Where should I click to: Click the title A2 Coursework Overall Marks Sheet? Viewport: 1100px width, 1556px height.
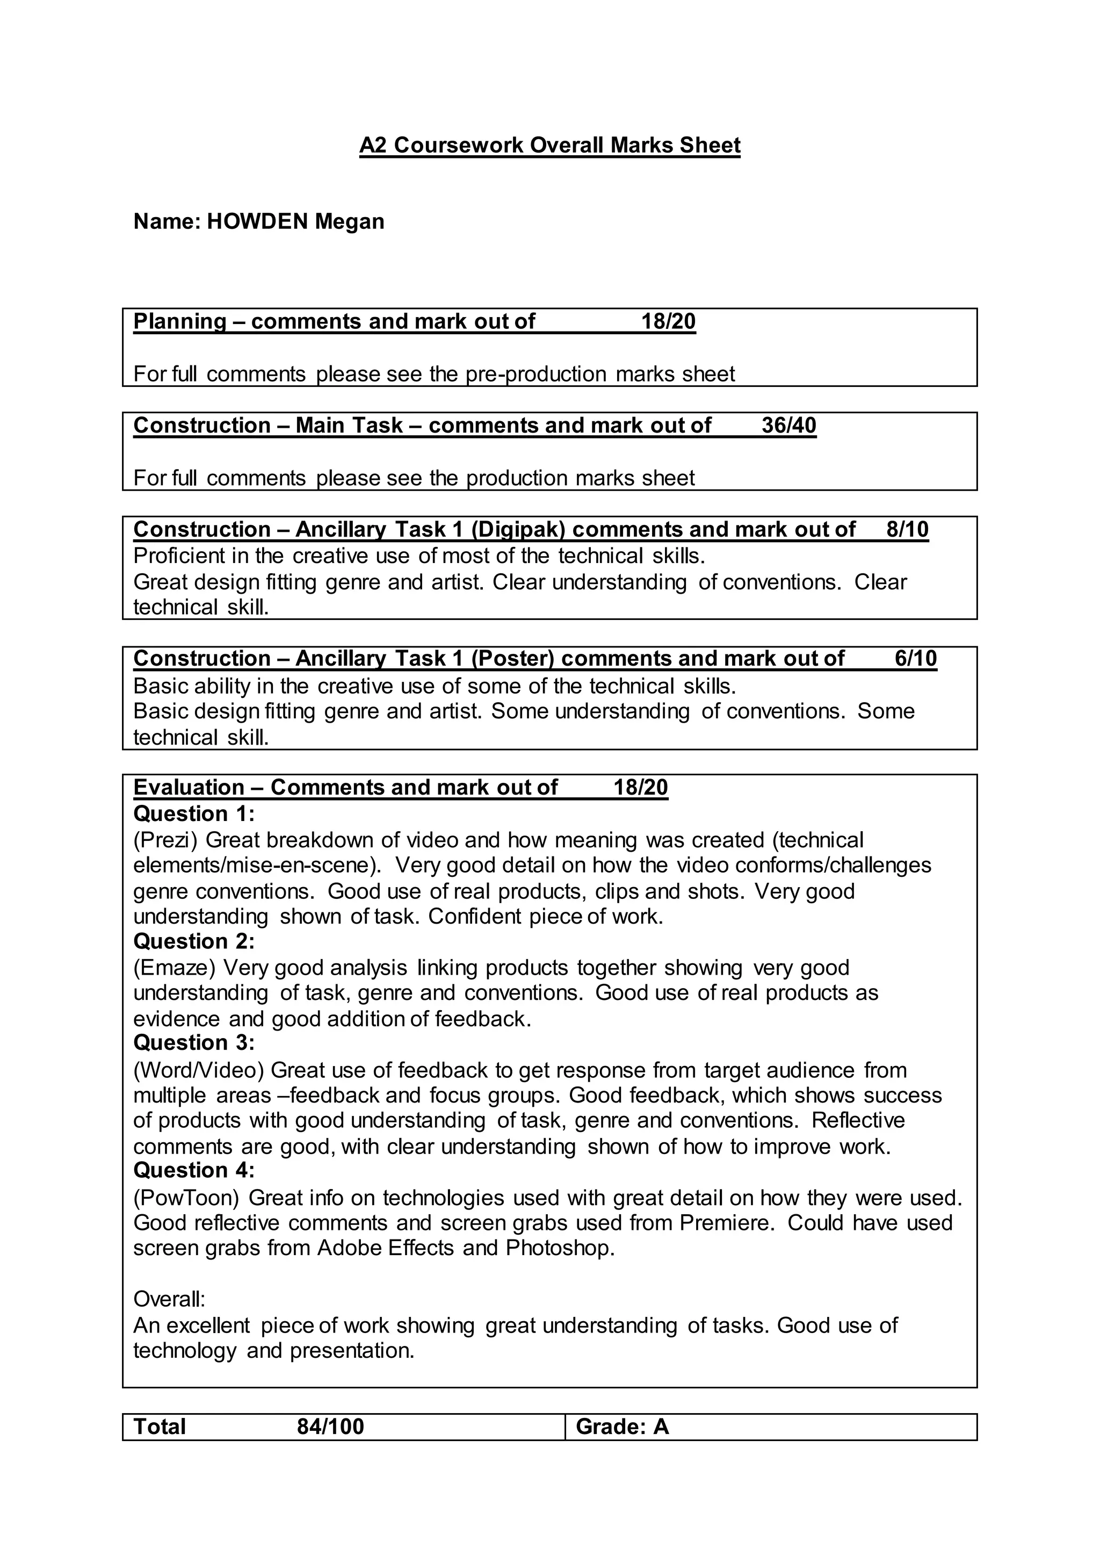549,146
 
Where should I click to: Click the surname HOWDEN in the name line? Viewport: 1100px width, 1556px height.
257,221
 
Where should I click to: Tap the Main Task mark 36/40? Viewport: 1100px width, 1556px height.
788,426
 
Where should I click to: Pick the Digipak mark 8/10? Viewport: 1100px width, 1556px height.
907,529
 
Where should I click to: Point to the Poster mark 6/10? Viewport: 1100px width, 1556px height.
915,658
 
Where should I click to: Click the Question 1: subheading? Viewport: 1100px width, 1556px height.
194,813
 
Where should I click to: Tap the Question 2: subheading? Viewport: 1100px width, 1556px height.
194,941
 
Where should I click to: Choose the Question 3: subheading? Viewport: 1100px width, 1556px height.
194,1042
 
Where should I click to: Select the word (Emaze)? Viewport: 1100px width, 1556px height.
174,968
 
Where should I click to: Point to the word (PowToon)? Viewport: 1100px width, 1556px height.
186,1198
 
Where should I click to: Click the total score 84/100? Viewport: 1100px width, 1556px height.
330,1427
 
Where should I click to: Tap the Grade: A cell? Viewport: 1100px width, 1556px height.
622,1427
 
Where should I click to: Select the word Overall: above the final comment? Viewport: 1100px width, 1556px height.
169,1299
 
